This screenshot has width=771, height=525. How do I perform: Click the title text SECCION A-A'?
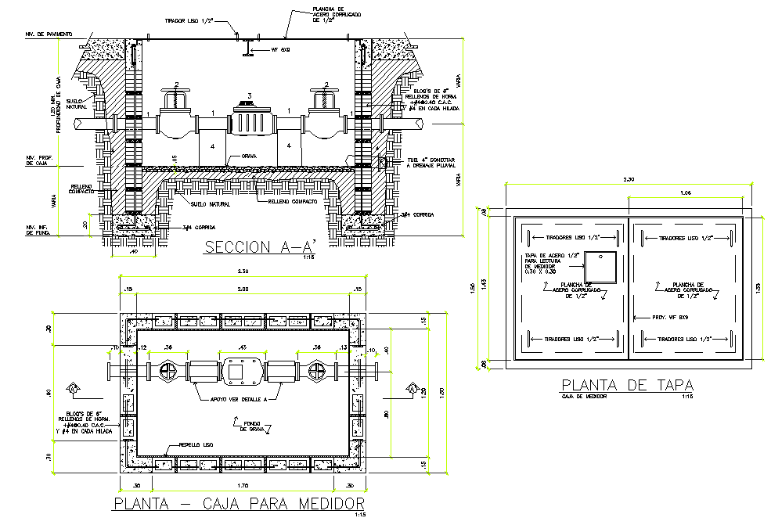pyautogui.click(x=258, y=248)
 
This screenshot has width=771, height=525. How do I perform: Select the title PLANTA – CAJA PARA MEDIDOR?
pyautogui.click(x=240, y=502)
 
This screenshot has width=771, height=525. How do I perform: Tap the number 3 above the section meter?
pyautogui.click(x=249, y=95)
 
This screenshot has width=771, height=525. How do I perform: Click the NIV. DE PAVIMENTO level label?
pyautogui.click(x=49, y=34)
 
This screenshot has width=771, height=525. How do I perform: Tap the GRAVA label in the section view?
pyautogui.click(x=249, y=156)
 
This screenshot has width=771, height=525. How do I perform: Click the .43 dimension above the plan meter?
pyautogui.click(x=243, y=347)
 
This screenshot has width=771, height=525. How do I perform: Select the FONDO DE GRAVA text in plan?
pyautogui.click(x=250, y=425)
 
